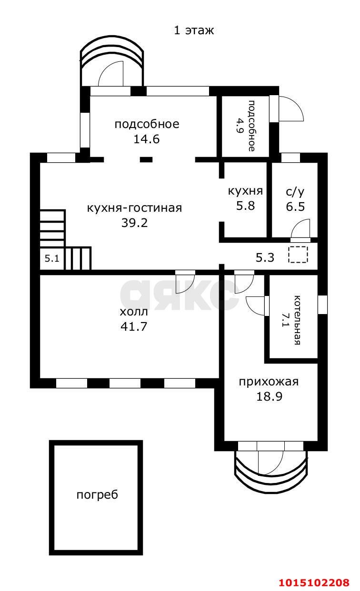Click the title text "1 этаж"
point(194,30)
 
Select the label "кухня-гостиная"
point(134,208)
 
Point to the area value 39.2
point(134,222)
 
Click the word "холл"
point(134,312)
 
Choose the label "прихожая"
point(269,382)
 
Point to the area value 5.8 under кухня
point(245,207)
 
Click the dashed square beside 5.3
point(298,255)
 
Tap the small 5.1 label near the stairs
point(51,259)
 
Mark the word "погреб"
point(97,495)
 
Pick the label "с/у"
point(295,192)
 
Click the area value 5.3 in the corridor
point(265,257)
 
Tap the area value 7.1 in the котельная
point(286,320)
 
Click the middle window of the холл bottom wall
point(125,383)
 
